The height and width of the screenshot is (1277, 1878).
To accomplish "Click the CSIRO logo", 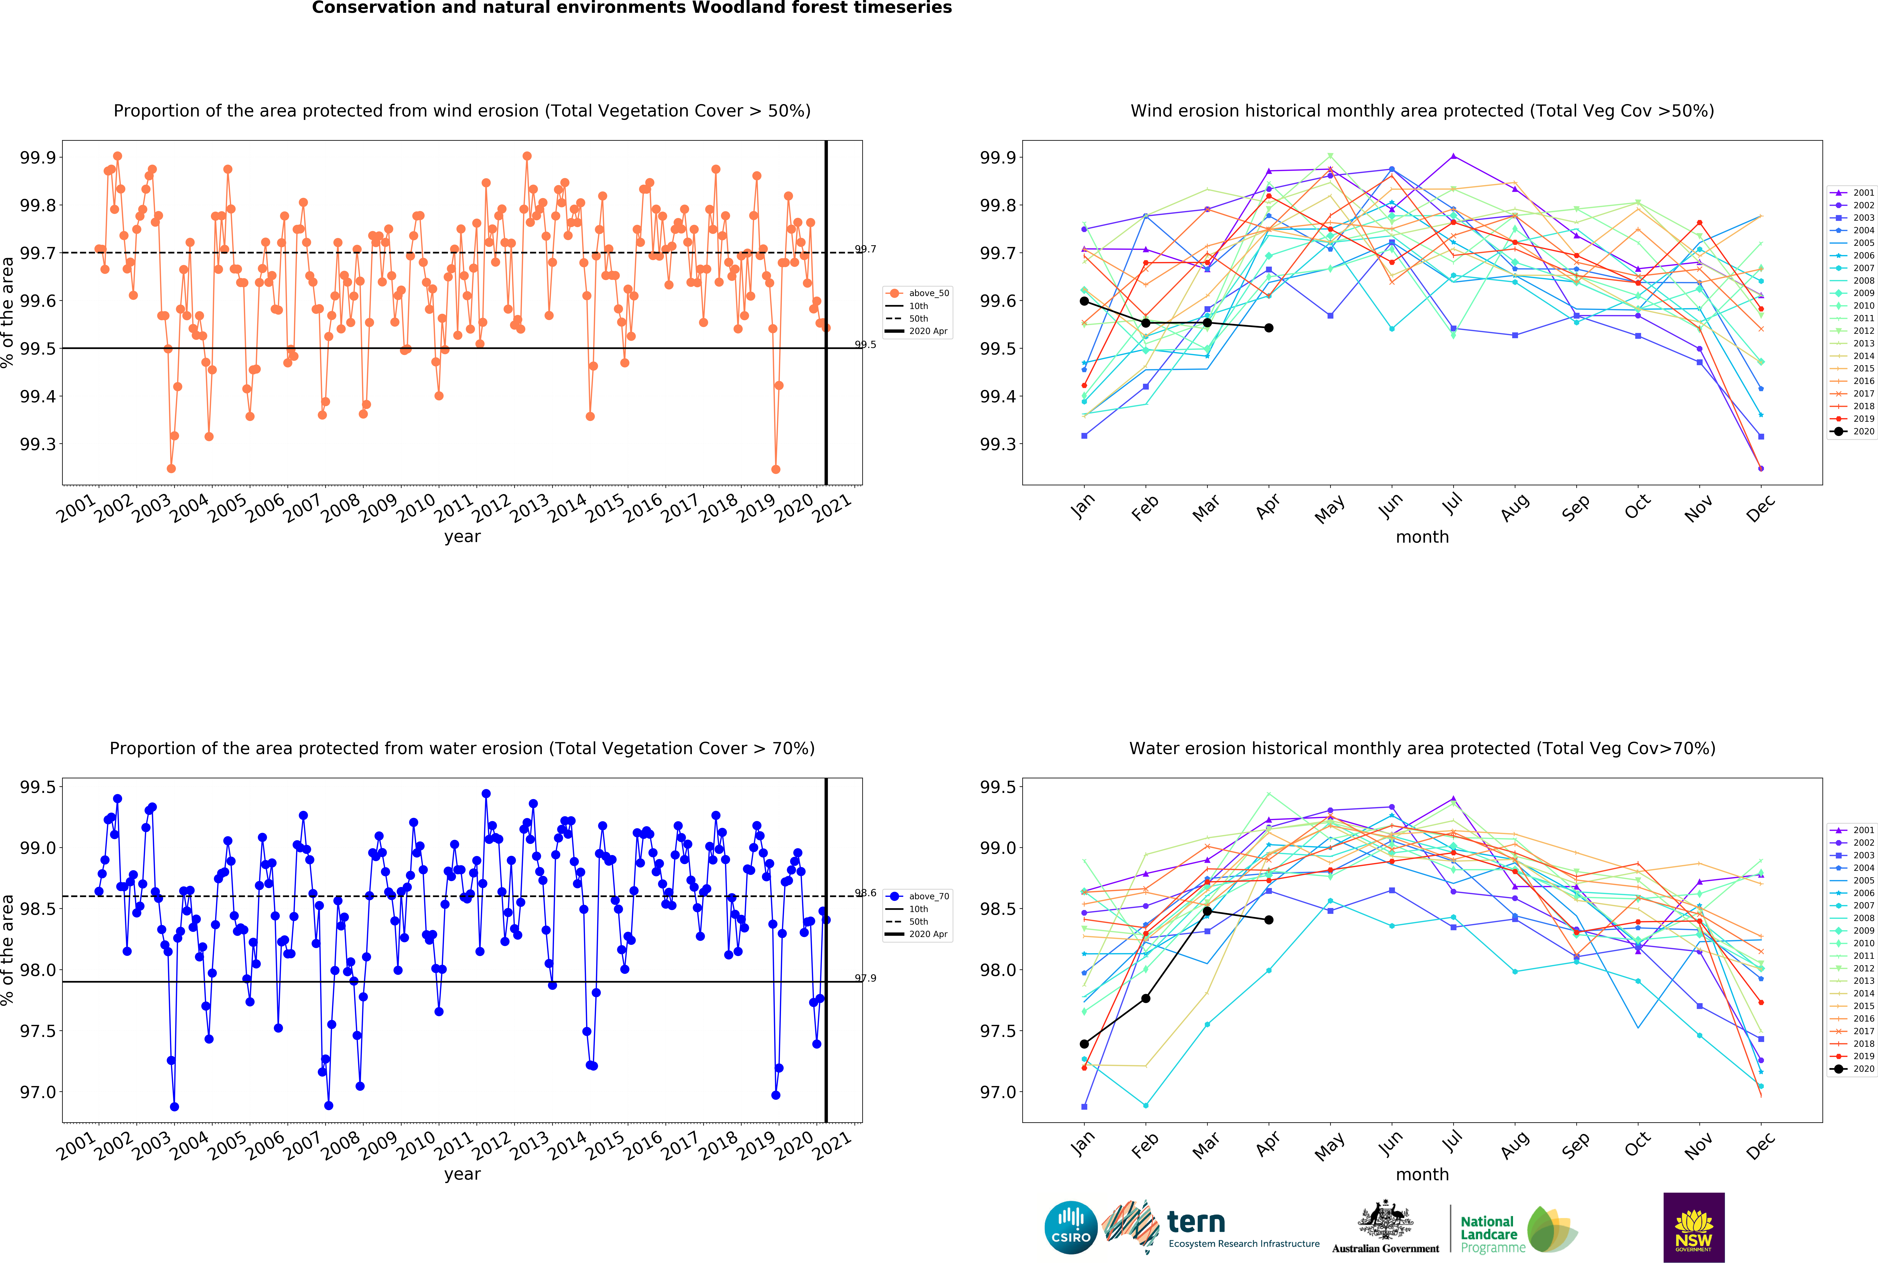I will (x=1071, y=1227).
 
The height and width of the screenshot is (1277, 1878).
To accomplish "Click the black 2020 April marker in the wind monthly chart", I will (x=1269, y=328).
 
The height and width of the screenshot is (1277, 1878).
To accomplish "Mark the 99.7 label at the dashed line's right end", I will (x=865, y=249).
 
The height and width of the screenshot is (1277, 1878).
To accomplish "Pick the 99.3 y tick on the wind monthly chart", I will (x=998, y=445).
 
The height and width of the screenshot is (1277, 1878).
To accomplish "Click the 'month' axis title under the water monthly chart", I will (x=1422, y=1174).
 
